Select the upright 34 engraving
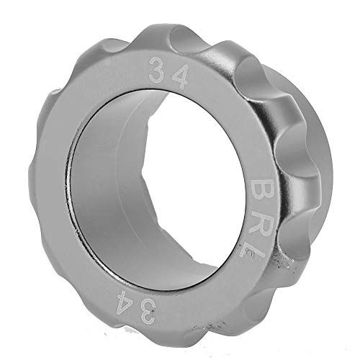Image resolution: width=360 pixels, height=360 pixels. (x=166, y=73)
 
